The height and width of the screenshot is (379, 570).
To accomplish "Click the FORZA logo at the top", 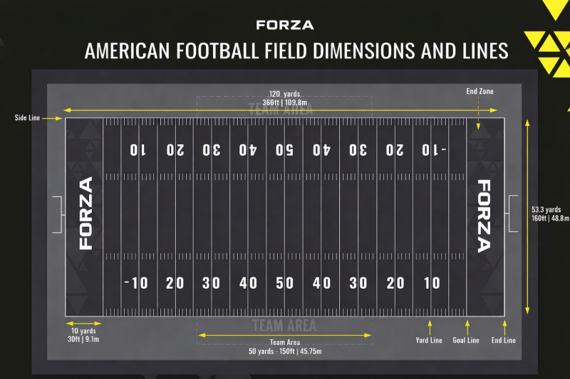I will coord(284,25).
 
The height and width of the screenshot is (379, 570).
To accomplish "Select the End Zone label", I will coord(480,91).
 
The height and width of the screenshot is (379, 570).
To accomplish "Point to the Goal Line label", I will coord(466,341).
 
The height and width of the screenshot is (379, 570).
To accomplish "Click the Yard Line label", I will coord(429,341).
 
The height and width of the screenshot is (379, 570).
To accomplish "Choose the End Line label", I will coord(504,341).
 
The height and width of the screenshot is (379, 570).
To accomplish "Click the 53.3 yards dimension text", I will coord(546,210).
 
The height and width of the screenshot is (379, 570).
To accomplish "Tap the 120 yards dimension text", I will coord(284,94).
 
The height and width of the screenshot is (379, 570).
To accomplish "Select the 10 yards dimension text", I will coord(83,331).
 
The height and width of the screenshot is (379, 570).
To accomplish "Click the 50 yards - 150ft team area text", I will coord(285,351).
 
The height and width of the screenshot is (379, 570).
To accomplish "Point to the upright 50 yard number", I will coord(285,283).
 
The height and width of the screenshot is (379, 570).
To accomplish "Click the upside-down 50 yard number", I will coord(285,150).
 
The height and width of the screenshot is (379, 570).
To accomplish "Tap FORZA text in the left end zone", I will coord(85,213).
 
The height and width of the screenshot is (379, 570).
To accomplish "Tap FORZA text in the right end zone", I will coord(484,215).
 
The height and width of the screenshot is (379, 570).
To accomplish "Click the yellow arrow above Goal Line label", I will coord(467,327).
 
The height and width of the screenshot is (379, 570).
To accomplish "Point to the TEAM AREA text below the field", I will coord(284,326).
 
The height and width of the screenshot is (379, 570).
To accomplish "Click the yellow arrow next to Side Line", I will coord(53,118).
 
